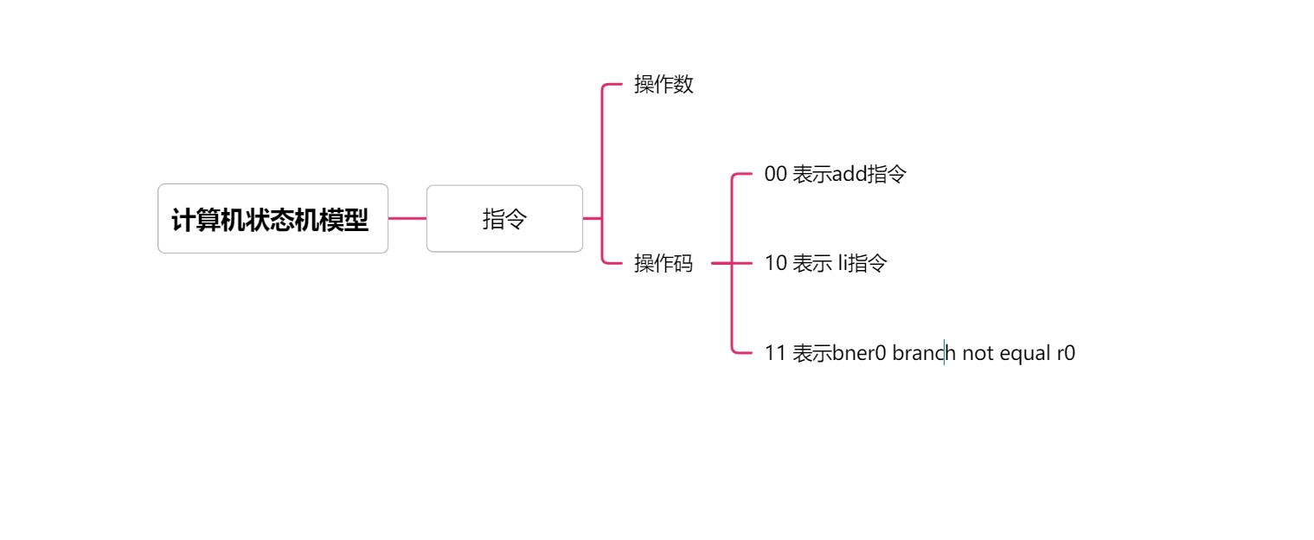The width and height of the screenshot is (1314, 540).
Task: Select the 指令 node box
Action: click(504, 219)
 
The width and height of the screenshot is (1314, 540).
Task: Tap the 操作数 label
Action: click(663, 85)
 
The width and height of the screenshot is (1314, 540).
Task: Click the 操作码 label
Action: click(663, 263)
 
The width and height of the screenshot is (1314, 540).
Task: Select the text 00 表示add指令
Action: click(835, 174)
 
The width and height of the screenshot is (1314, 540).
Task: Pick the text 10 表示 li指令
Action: click(825, 263)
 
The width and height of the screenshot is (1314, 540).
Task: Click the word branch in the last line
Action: click(923, 353)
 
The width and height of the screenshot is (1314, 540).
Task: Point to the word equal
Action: click(1025, 353)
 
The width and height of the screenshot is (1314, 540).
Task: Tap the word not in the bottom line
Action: click(977, 353)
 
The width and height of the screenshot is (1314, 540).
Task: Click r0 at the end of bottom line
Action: click(1066, 353)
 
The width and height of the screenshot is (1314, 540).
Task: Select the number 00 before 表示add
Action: click(775, 174)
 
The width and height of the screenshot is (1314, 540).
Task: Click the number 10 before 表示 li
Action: click(775, 263)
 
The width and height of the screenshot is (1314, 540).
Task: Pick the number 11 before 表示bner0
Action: click(775, 353)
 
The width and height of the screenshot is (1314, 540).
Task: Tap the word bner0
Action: click(860, 353)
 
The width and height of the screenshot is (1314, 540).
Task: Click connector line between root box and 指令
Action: click(407, 219)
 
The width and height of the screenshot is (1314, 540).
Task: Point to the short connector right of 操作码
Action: click(721, 263)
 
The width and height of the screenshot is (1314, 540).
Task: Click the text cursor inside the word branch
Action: click(944, 353)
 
